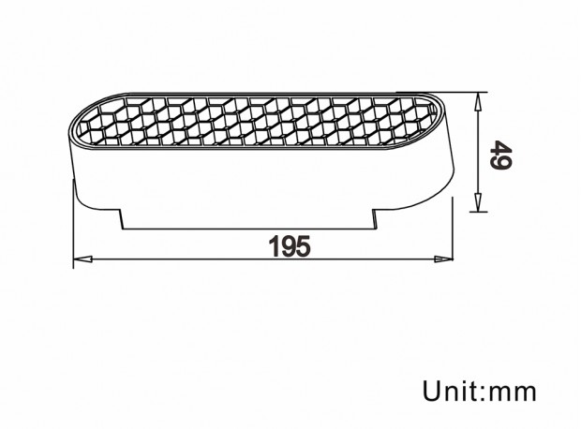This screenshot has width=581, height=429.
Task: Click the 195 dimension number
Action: coord(290,246)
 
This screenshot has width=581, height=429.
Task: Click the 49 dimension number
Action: coord(500,155)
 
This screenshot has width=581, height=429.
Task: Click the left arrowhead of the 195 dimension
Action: coord(82,259)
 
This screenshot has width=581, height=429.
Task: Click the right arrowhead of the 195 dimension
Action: coord(443,259)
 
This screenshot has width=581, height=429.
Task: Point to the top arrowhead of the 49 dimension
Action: coord(478,101)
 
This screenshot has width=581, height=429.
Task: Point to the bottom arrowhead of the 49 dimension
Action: coord(478,202)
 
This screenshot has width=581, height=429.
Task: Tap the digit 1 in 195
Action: coord(275,246)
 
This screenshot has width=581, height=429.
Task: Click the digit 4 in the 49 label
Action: coord(500,161)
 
